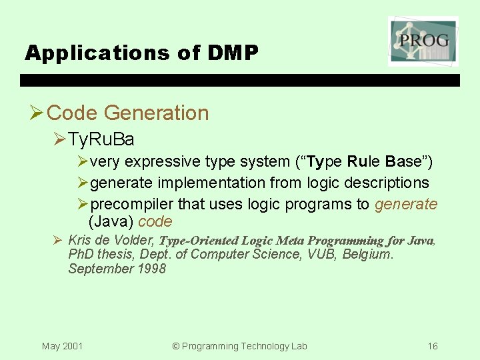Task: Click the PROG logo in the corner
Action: point(423,41)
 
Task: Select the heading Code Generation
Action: point(128,113)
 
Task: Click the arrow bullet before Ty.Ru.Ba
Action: point(59,139)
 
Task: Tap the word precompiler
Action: point(131,204)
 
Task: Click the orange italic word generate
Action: point(406,204)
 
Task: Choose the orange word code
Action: point(155,222)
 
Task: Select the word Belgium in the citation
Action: point(367,254)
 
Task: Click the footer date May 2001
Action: point(62,346)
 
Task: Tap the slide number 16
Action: point(433,346)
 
